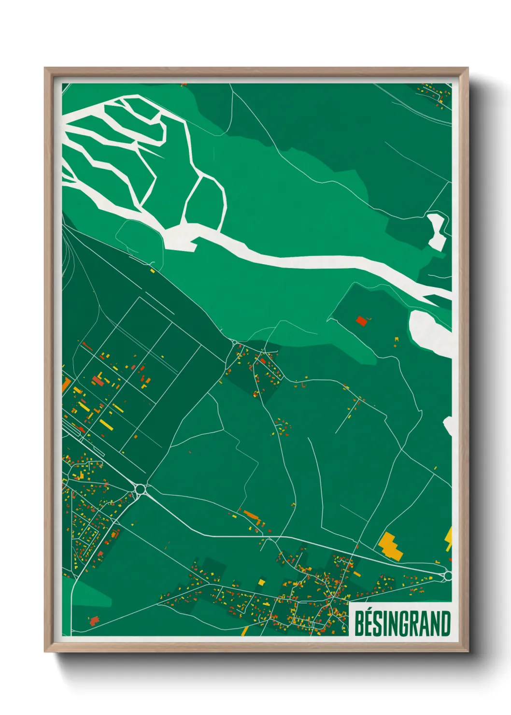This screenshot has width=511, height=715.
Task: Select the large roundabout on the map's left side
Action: pos(141,489)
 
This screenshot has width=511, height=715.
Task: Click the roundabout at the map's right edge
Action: pos(448,576)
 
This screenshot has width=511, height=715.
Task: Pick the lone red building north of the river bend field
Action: pos(361,320)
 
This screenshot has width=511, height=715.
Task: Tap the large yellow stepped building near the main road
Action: pos(391,545)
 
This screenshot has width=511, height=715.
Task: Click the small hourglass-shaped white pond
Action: pos(437,231)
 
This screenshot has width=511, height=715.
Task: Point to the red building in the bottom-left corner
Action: pos(94,620)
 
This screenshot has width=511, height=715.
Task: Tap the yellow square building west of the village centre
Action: pos(261,582)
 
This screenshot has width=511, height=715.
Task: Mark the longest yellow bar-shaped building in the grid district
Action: pos(106,425)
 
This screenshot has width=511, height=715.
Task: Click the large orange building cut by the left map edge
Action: pos(66,385)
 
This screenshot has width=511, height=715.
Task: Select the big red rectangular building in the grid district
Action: pos(98,381)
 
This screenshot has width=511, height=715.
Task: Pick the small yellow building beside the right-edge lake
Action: pos(397,340)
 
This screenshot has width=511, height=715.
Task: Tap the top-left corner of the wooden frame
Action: pos(45,68)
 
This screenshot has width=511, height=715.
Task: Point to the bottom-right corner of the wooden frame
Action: pos(468,651)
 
